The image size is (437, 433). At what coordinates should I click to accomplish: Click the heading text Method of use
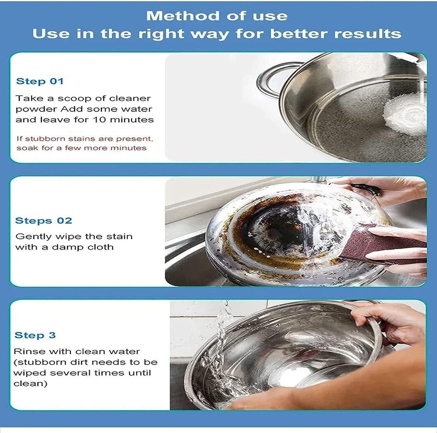tap(217, 16)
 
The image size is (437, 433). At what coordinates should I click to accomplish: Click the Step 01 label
tap(40, 81)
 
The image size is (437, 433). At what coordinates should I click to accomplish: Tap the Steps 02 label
tap(44, 220)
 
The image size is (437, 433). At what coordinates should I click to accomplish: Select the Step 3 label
tap(35, 335)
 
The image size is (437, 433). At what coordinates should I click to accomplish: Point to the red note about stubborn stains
tap(84, 143)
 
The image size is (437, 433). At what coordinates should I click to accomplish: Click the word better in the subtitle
tap(298, 34)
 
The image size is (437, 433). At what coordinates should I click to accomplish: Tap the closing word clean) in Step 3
tap(30, 384)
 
